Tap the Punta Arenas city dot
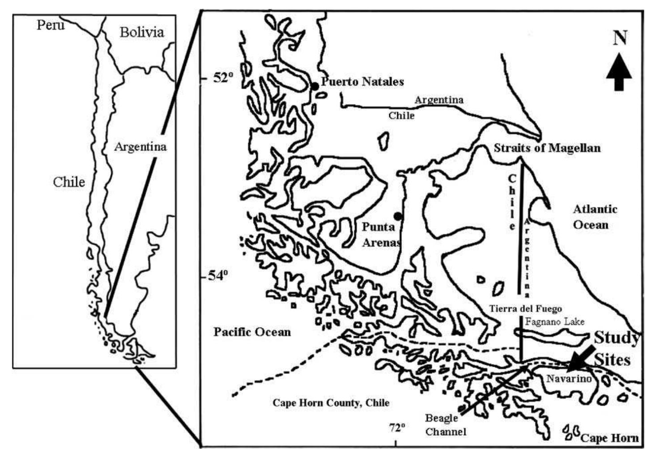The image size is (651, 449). (397, 216)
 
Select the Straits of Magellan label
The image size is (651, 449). (547, 148)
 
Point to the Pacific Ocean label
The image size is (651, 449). (252, 332)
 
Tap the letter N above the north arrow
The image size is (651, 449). (620, 38)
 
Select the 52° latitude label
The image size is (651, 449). (223, 78)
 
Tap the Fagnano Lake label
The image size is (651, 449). (554, 322)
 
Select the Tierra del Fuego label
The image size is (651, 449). (525, 308)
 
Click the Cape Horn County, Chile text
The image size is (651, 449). (331, 402)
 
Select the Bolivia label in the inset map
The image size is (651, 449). (142, 32)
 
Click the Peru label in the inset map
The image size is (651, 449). (50, 25)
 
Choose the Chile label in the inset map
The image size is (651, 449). (68, 182)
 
